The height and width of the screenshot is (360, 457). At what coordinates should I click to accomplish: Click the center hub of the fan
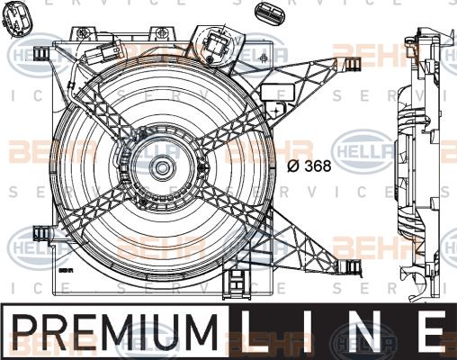click(x=163, y=167)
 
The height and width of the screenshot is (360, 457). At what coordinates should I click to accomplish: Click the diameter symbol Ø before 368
click(x=293, y=166)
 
